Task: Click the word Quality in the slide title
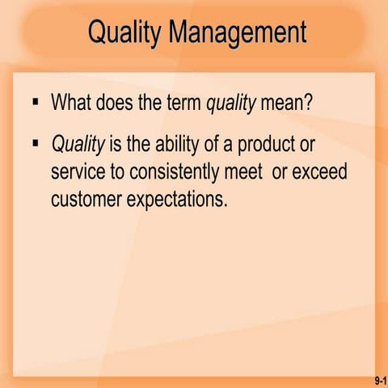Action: pos(122,33)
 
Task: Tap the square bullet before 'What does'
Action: pos(34,103)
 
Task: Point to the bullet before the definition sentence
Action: pos(34,143)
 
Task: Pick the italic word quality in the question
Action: pos(232,103)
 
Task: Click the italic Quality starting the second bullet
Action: pos(78,145)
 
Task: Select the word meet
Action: pos(251,172)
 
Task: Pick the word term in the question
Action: pos(185,103)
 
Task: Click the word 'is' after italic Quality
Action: pos(115,145)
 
